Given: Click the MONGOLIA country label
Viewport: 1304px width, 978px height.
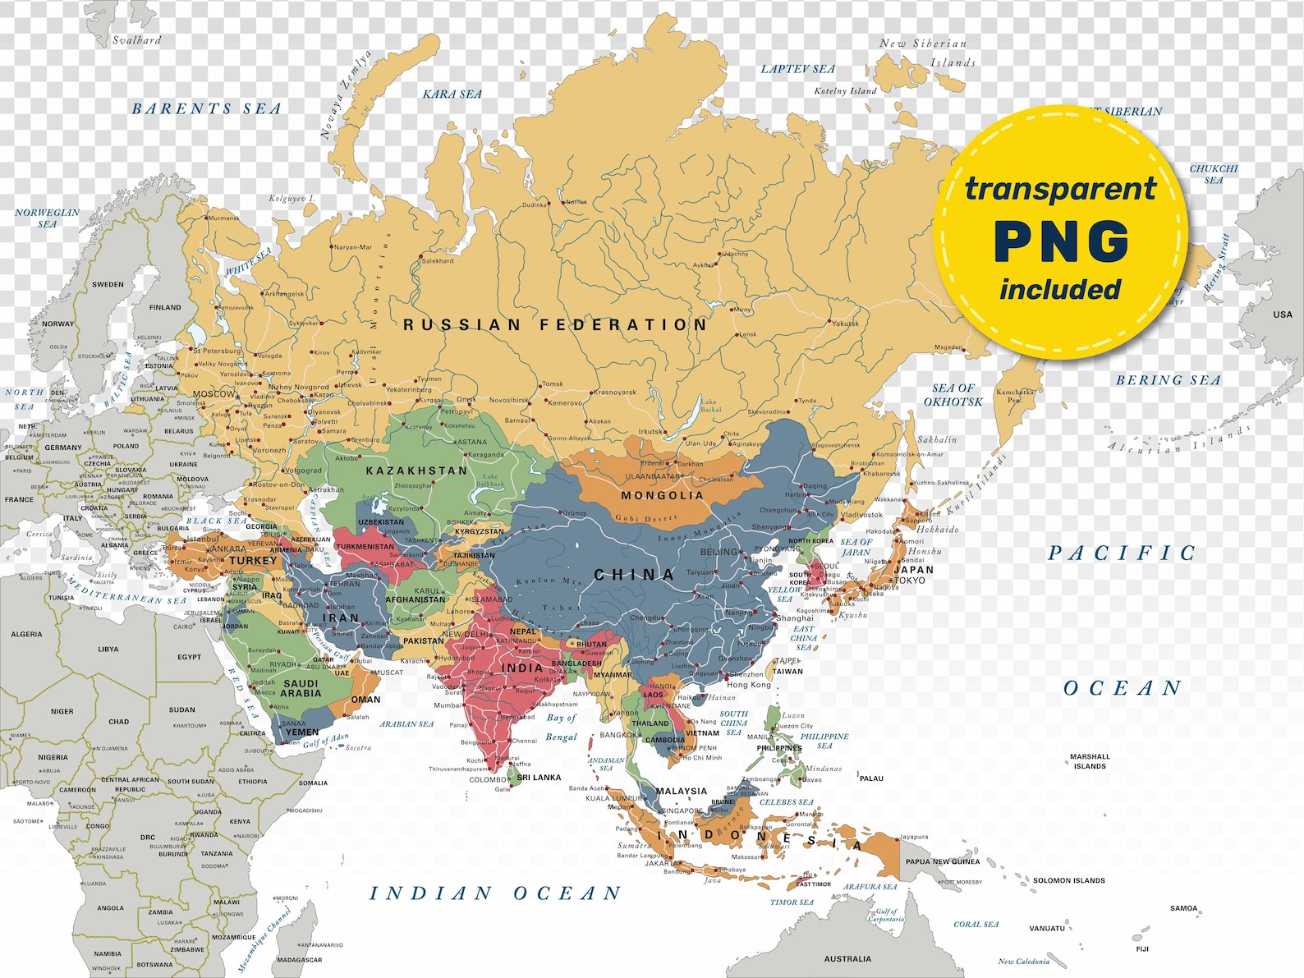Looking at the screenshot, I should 662,495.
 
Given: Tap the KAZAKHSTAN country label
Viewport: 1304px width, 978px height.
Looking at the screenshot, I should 416,471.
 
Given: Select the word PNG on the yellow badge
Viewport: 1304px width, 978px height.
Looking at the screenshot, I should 1061,241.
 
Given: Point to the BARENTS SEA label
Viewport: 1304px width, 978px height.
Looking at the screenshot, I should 207,108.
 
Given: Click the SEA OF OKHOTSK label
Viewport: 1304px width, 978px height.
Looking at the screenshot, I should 953,395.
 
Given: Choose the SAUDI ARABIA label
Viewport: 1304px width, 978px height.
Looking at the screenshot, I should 301,688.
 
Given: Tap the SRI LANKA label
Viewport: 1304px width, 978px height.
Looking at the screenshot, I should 540,777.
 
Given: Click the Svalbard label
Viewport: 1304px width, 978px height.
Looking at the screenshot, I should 136,39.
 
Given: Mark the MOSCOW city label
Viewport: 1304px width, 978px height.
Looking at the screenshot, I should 214,394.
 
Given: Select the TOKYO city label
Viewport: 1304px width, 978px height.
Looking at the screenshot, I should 909,580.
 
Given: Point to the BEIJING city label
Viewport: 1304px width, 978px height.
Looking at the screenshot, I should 719,552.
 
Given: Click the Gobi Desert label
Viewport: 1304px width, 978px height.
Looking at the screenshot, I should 646,518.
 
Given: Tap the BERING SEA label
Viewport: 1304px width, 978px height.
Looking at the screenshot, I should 1168,380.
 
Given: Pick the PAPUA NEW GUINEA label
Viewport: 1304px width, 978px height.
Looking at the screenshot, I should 943,861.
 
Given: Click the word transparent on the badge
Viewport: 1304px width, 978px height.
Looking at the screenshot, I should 1060,188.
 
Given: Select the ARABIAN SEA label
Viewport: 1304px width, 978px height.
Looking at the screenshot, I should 406,724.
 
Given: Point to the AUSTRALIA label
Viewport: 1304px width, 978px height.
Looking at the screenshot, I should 847,958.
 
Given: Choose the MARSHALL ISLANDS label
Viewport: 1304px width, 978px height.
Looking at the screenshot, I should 1090,761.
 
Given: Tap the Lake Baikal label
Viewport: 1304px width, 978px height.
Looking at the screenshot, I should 709,405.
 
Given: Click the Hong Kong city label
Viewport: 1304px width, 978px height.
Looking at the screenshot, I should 749,684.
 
